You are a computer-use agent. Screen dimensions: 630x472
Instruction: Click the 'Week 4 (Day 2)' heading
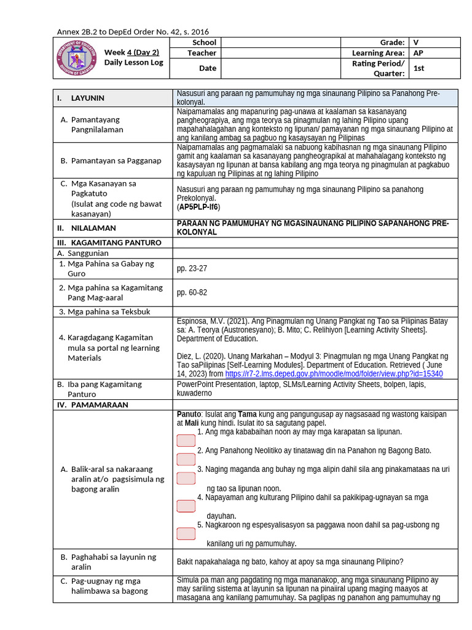coord(132,52)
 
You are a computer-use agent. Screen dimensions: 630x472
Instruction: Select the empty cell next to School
coord(280,42)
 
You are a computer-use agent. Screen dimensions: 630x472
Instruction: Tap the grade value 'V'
coord(416,42)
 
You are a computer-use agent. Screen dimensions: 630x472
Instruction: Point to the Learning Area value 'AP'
coord(419,53)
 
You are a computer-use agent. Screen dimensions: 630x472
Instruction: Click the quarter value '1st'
coord(419,68)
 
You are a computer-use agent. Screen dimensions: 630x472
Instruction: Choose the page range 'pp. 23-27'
coord(192,268)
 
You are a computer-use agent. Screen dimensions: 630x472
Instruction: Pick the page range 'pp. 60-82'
coord(192,292)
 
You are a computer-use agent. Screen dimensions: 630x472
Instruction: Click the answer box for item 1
coord(186,441)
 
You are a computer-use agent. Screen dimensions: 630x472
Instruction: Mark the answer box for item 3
coord(186,478)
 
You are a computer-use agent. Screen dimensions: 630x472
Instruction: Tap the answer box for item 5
coord(186,533)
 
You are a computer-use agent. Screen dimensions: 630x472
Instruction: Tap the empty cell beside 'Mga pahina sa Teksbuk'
coord(316,311)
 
